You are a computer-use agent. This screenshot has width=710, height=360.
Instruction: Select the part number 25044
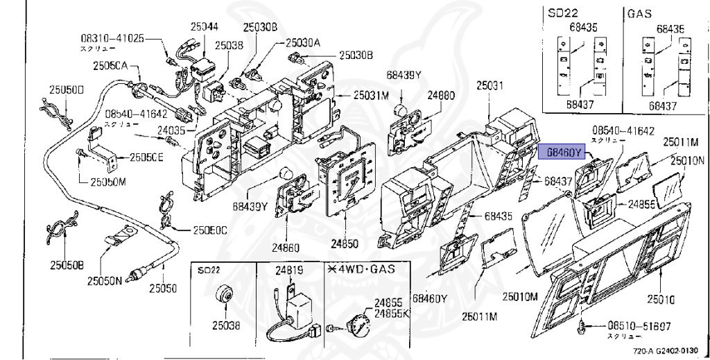pyautogui.click(x=205, y=26)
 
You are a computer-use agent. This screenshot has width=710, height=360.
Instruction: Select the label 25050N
pyautogui.click(x=105, y=281)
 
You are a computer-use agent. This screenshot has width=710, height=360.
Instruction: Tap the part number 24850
pyautogui.click(x=345, y=244)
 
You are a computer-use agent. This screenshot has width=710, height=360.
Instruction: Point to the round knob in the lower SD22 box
pyautogui.click(x=224, y=295)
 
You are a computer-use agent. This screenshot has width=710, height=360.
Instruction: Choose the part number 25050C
pyautogui.click(x=210, y=230)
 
